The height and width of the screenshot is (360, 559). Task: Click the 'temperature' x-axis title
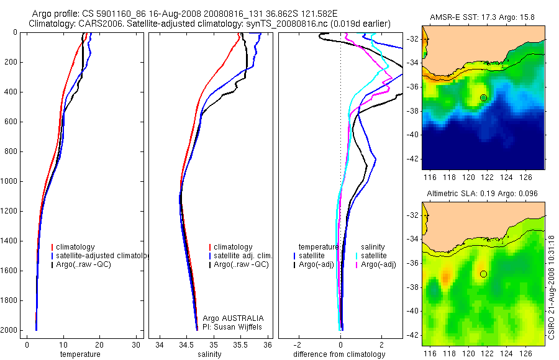coord(80,354)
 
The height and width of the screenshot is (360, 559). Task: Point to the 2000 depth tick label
coord(9,330)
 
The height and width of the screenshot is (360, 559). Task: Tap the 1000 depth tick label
coord(9,181)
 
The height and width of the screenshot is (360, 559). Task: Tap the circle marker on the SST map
coord(483,97)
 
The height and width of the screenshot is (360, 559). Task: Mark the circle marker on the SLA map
coord(483,274)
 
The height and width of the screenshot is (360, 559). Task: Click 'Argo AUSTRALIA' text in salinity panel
coord(229,318)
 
